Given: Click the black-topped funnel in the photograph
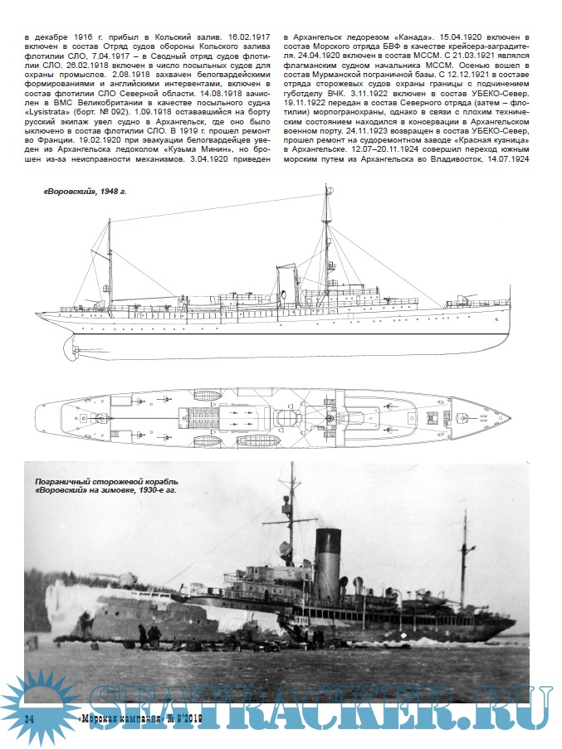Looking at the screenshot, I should point(329,552).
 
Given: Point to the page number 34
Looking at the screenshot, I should point(30,716).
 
